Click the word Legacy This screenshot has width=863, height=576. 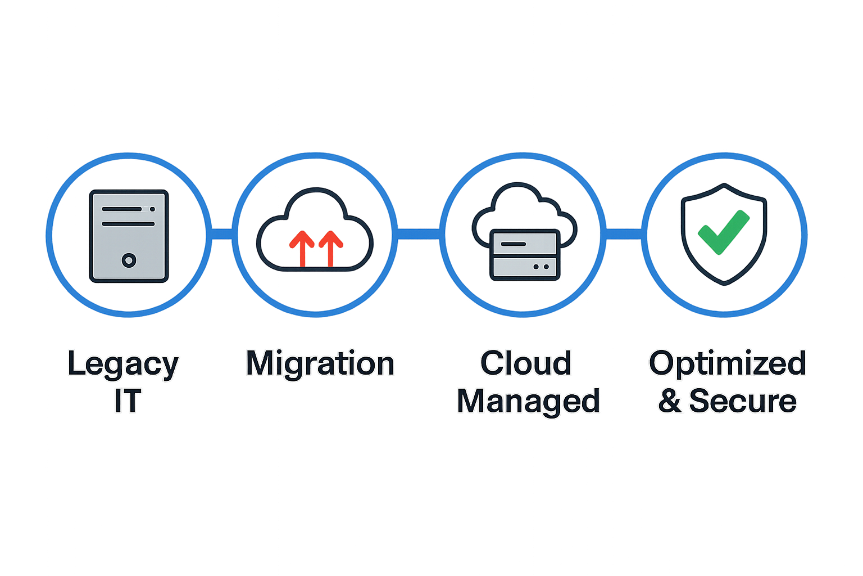click(x=123, y=364)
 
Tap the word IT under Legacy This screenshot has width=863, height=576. click(x=128, y=401)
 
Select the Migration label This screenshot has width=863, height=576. click(x=320, y=364)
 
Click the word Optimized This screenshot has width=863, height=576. click(x=728, y=364)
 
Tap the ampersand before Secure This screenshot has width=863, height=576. click(x=670, y=401)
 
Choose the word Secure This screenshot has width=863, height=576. click(x=742, y=401)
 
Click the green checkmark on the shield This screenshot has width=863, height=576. click(x=724, y=232)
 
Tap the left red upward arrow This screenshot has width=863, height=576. click(x=302, y=249)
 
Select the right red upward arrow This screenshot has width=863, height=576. click(x=330, y=249)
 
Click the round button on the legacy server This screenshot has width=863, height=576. click(x=129, y=260)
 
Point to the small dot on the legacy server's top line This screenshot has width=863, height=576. click(x=152, y=209)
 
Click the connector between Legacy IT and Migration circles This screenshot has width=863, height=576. click(x=222, y=234)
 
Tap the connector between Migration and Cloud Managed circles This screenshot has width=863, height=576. click(x=419, y=234)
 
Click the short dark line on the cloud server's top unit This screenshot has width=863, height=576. click(x=513, y=244)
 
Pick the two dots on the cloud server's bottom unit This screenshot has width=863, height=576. click(x=541, y=267)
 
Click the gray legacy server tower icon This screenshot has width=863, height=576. click(x=129, y=236)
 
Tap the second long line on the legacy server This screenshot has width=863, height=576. click(x=128, y=224)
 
